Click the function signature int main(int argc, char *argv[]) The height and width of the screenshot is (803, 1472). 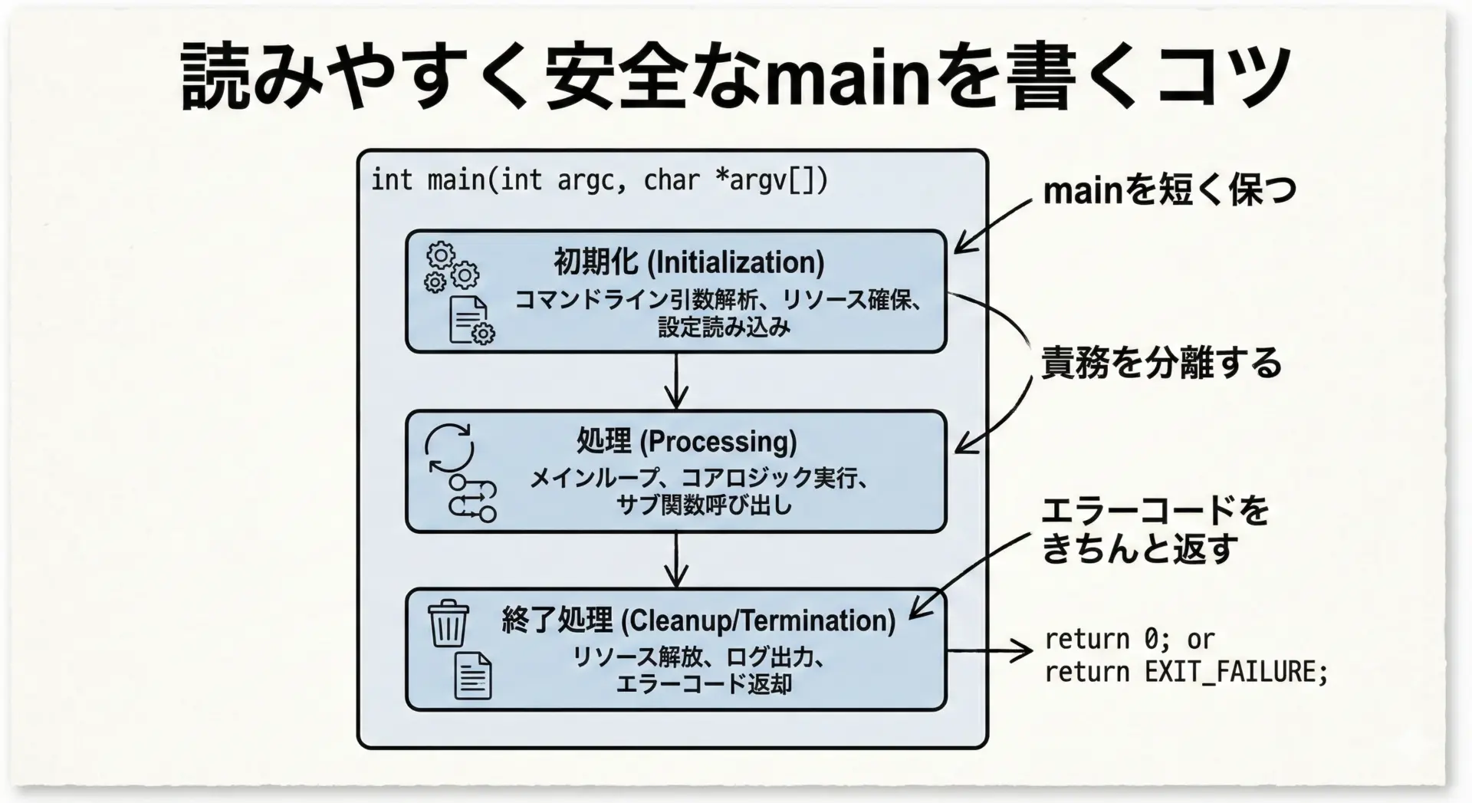click(x=599, y=180)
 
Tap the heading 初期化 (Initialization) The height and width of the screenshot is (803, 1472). click(x=688, y=262)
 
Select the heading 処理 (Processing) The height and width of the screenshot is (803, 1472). click(x=686, y=442)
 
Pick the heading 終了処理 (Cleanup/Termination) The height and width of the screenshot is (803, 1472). click(x=698, y=620)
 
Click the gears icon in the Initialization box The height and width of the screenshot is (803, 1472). click(x=451, y=268)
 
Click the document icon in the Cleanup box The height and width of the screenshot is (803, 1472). click(x=473, y=676)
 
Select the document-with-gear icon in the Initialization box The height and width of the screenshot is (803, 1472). click(x=470, y=320)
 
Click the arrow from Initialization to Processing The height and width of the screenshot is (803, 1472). click(x=675, y=381)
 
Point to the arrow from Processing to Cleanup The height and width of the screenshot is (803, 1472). click(x=675, y=561)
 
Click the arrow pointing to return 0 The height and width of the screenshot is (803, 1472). click(x=989, y=650)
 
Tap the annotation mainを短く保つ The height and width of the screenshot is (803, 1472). click(x=1169, y=189)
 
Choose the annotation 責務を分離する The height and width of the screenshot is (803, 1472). click(x=1161, y=362)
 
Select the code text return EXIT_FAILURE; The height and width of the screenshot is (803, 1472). click(x=1186, y=672)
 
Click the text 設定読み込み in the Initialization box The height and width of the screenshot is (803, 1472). click(x=724, y=327)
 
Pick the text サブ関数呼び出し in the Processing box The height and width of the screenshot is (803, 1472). click(x=704, y=505)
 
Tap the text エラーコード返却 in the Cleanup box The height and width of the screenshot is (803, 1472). click(x=704, y=683)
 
